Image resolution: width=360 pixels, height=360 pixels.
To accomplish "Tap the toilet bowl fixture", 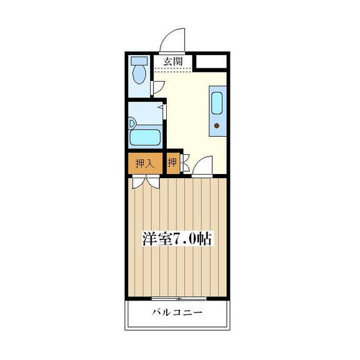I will pyautogui.click(x=139, y=75).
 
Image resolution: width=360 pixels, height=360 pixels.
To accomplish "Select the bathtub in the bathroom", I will pyautogui.click(x=146, y=137).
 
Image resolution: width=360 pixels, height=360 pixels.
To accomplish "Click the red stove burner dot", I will pyautogui.click(x=216, y=126).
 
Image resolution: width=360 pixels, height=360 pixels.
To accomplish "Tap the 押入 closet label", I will pyautogui.click(x=144, y=163).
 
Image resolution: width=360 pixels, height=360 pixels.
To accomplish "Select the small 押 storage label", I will pyautogui.click(x=172, y=163).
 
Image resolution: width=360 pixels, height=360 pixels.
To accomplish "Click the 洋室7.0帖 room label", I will pyautogui.click(x=177, y=238).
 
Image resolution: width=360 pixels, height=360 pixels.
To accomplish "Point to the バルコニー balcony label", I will pyautogui.click(x=177, y=313).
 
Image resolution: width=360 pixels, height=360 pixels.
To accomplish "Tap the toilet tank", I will pyautogui.click(x=139, y=61).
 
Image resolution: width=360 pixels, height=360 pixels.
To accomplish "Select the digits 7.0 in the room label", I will pyautogui.click(x=184, y=238).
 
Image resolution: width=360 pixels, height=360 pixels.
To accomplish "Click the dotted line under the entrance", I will pyautogui.click(x=174, y=71).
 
